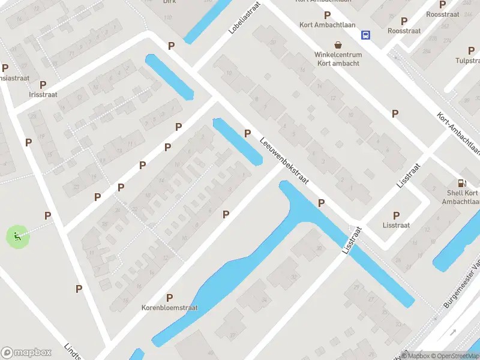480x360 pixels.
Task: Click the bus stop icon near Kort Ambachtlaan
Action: click(365, 35)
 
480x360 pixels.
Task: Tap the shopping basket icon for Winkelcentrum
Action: click(338, 45)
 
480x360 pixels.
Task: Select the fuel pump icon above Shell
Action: click(461, 184)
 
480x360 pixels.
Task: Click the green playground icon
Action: click(16, 236)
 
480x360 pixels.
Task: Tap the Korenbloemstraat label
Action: click(170, 308)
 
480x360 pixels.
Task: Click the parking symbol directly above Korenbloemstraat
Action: click(170, 298)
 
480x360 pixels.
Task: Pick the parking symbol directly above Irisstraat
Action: click(43, 85)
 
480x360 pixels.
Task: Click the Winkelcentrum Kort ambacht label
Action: click(338, 59)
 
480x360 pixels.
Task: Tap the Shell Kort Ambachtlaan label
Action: click(463, 197)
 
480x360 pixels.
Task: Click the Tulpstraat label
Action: click(468, 61)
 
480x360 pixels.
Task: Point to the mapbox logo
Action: click(26, 352)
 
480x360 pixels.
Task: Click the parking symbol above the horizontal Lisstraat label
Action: click(396, 215)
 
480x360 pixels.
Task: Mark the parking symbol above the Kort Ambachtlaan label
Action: click(327, 15)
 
